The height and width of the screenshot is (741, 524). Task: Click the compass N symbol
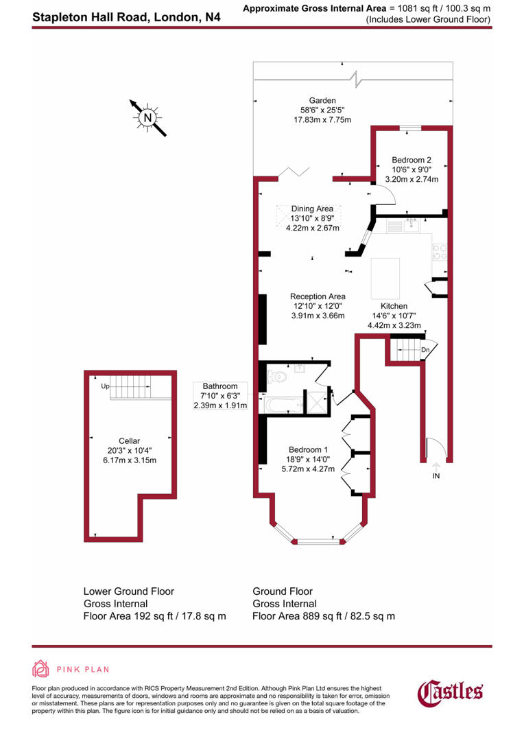click(147, 117)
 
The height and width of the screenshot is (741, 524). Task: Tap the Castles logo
click(451, 692)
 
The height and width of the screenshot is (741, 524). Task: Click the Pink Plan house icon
click(41, 669)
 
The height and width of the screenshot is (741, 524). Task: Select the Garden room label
click(322, 100)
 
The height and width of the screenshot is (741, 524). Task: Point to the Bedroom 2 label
click(411, 159)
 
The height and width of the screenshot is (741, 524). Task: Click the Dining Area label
click(312, 209)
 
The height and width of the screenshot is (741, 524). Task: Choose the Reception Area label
click(317, 296)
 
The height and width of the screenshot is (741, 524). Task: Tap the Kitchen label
click(394, 306)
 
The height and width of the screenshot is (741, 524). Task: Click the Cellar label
click(129, 440)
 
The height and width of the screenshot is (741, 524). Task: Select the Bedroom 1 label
click(311, 449)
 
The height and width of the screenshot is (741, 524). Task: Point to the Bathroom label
click(219, 386)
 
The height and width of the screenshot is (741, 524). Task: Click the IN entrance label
click(436, 475)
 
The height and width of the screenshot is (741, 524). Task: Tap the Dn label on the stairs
click(425, 349)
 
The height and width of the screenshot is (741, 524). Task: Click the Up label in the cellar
click(105, 386)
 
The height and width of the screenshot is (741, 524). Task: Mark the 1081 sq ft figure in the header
click(412, 8)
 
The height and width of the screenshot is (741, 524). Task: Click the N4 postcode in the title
click(213, 15)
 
